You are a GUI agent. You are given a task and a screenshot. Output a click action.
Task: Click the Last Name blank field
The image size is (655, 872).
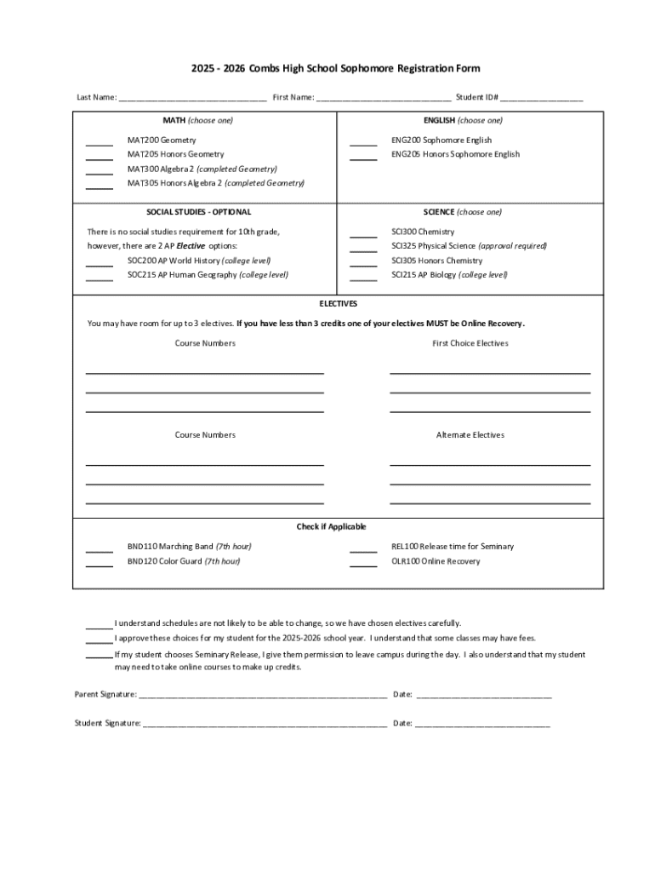click(x=193, y=98)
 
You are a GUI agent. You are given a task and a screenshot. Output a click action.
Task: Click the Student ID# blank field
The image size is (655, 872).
click(x=541, y=98)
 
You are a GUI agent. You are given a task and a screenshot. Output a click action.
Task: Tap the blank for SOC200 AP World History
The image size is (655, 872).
click(x=100, y=262)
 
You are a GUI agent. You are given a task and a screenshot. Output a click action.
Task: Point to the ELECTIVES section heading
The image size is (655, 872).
click(x=338, y=303)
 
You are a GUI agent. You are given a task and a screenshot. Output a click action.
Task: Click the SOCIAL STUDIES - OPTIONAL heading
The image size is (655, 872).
click(x=199, y=212)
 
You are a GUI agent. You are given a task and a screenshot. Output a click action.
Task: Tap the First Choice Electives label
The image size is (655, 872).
click(x=470, y=343)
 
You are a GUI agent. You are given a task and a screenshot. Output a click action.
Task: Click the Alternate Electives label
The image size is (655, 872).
click(x=470, y=435)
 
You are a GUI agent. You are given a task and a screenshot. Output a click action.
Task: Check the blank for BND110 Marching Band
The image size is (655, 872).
click(x=100, y=548)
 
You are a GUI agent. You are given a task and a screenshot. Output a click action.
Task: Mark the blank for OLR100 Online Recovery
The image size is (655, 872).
click(x=363, y=563)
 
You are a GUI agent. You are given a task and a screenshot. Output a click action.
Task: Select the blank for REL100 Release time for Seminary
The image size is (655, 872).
click(x=363, y=548)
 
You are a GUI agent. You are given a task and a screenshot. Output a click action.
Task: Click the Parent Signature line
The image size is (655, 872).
click(x=263, y=695)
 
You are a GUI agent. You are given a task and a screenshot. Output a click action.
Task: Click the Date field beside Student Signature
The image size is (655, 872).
click(x=482, y=724)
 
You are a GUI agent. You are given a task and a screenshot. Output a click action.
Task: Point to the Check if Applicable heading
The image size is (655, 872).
click(x=331, y=527)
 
